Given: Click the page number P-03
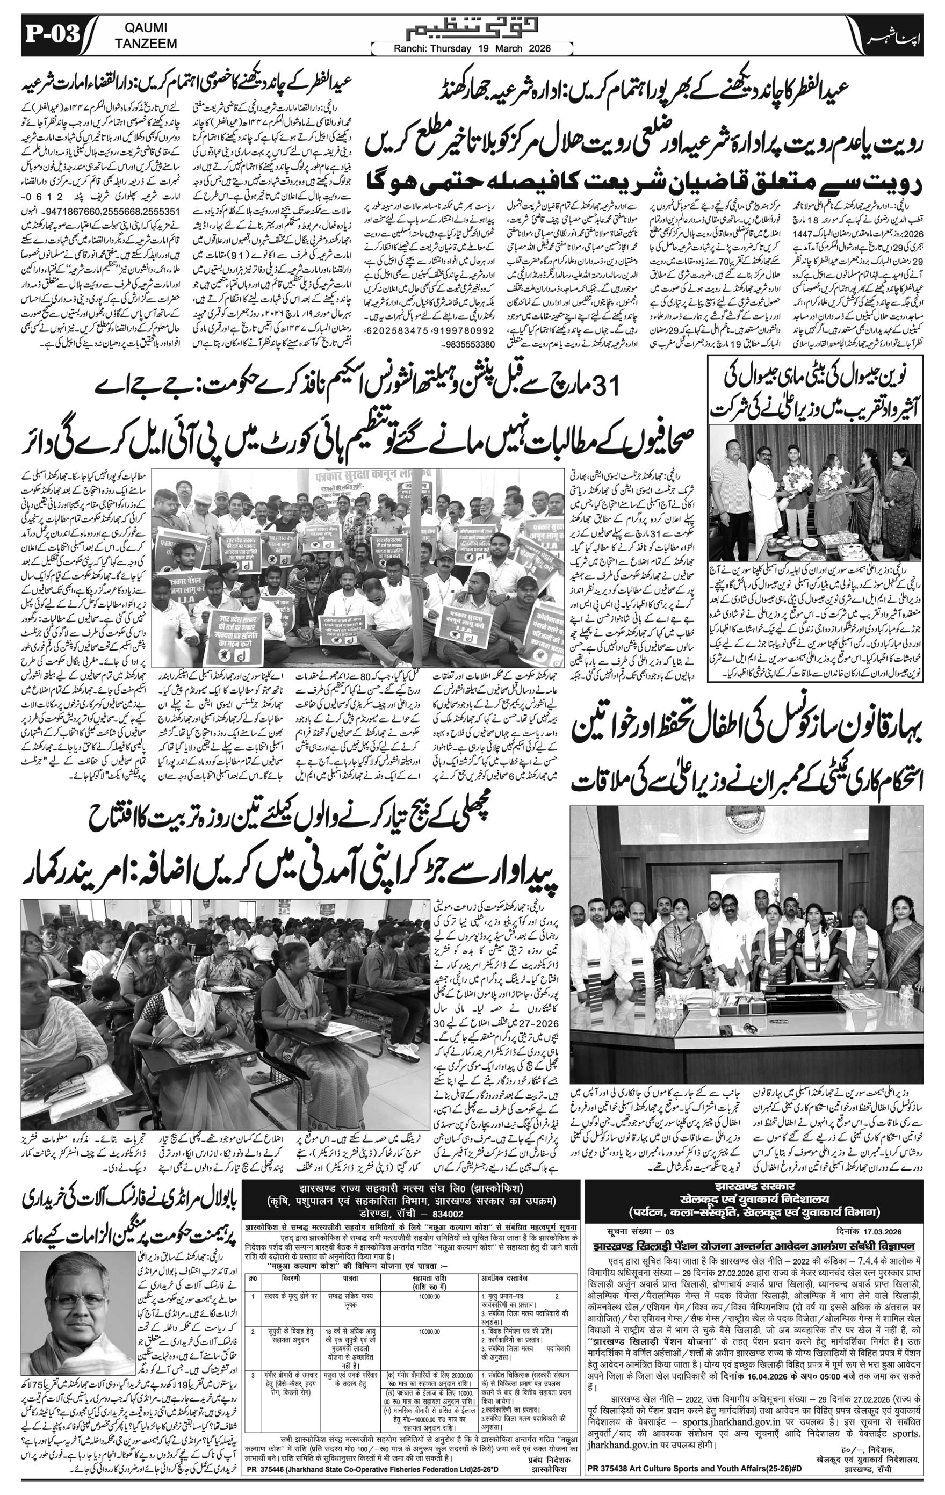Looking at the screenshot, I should (x=52, y=35).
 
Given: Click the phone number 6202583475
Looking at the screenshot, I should (x=398, y=331).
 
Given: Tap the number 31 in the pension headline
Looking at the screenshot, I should (x=603, y=388).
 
